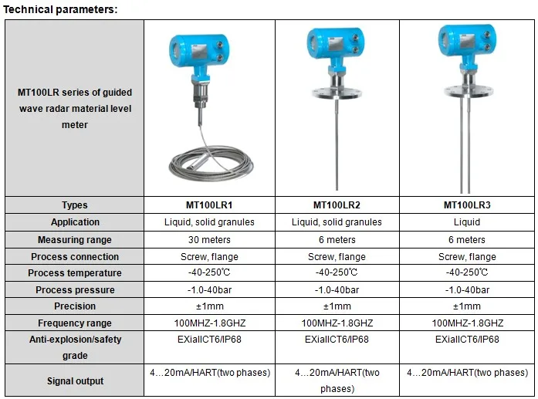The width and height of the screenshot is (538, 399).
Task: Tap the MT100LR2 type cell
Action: [x=337, y=205]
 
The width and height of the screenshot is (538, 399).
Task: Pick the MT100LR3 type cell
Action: [x=467, y=205]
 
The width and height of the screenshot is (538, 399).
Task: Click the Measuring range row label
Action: [x=75, y=239]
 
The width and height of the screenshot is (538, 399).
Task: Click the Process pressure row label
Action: [x=75, y=290]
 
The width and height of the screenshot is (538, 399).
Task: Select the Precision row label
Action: [x=75, y=306]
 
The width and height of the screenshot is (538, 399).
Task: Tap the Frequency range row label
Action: [x=75, y=323]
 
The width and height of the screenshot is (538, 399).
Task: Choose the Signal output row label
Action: [x=75, y=380]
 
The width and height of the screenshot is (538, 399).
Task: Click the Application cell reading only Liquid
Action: [x=467, y=222]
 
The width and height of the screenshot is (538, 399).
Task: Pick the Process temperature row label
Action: [x=75, y=273]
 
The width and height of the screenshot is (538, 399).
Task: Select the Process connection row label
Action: [x=75, y=256]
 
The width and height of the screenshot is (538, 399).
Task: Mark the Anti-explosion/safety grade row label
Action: [x=75, y=347]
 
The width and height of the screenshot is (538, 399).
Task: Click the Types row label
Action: [x=75, y=205]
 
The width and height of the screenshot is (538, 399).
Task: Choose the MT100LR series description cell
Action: [x=75, y=109]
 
